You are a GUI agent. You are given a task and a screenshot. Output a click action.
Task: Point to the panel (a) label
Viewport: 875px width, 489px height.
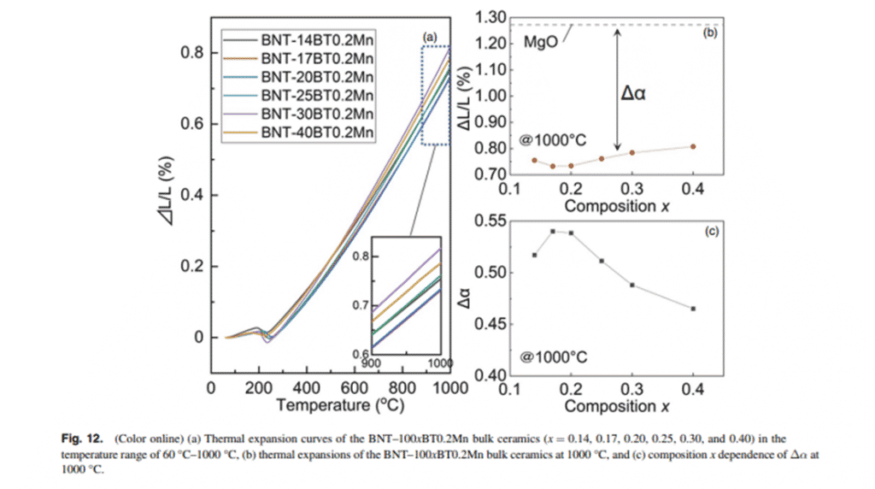(430, 38)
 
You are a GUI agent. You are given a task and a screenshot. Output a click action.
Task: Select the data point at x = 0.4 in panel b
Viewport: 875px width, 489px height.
(693, 146)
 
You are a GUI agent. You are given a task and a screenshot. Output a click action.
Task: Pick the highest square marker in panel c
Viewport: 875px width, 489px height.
(552, 231)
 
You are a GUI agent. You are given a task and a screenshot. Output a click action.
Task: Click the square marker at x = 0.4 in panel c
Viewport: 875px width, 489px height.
(693, 309)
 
